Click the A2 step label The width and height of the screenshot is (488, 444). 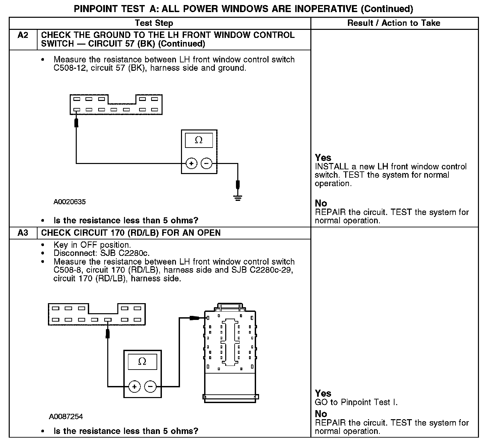(x=23, y=35)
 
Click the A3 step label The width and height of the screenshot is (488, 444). (x=23, y=233)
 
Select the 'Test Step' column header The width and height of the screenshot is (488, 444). (x=154, y=23)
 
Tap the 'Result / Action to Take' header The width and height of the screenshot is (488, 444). (x=394, y=23)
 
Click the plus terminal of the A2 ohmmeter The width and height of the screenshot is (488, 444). (x=191, y=164)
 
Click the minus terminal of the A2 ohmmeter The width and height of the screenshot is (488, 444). (x=206, y=164)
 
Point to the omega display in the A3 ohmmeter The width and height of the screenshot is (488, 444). (x=142, y=362)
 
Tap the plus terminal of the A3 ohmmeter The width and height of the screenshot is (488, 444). (x=134, y=387)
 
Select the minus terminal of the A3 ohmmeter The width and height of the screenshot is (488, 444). (x=150, y=387)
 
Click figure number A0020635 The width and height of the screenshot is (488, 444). (x=69, y=202)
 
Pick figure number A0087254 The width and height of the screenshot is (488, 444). (x=66, y=417)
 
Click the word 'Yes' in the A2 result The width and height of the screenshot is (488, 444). (x=323, y=158)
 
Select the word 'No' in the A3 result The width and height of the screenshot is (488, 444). (x=321, y=414)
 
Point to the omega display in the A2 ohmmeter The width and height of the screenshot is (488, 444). (x=199, y=140)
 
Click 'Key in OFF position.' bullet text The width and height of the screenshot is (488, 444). (x=92, y=245)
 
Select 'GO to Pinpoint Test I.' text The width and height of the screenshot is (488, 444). (x=356, y=402)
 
